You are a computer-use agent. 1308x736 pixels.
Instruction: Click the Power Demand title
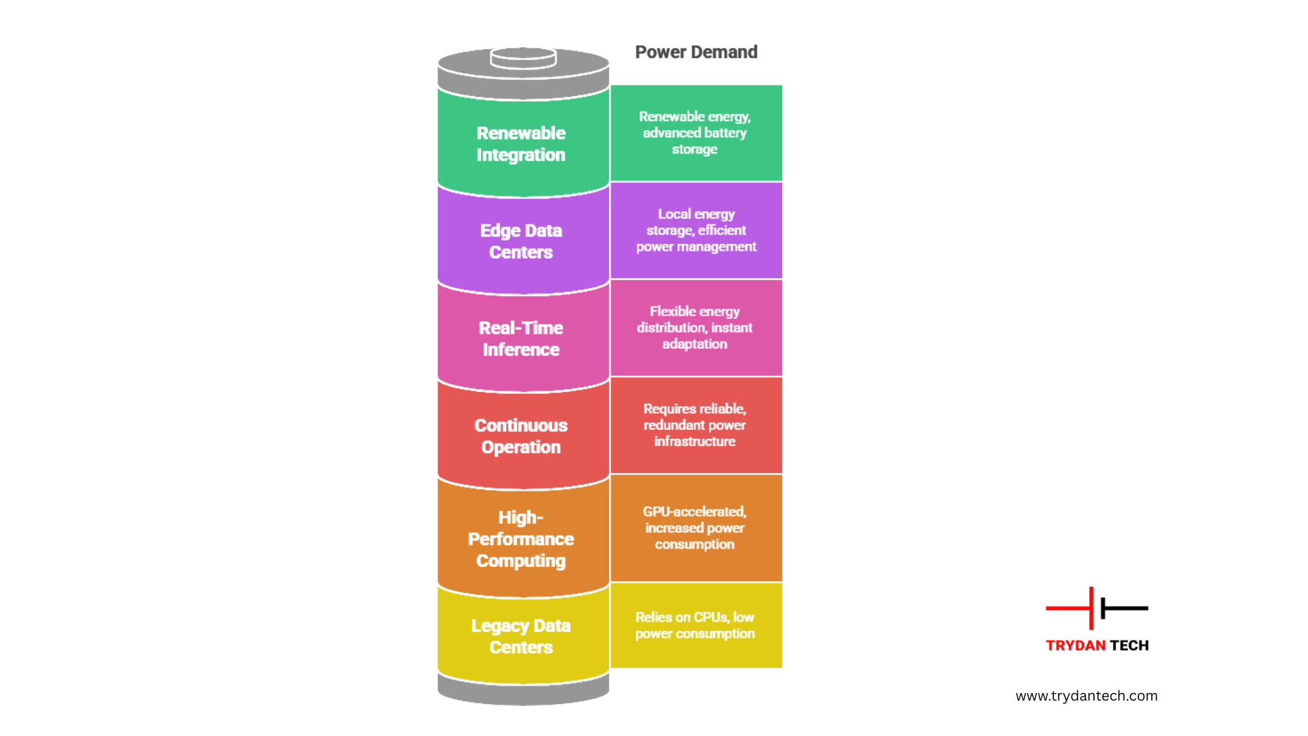click(696, 52)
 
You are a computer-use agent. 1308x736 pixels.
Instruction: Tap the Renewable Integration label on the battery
click(521, 144)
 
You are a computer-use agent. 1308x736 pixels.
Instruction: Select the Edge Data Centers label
click(521, 241)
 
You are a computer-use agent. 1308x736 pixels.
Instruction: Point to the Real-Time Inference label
click(521, 339)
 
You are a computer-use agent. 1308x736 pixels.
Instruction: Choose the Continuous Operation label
click(521, 436)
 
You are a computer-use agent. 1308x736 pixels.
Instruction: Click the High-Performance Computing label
click(521, 539)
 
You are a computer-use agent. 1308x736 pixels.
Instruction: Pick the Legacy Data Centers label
click(521, 637)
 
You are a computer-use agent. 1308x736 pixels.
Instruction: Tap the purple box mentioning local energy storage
click(696, 230)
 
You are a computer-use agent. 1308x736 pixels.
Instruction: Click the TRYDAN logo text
click(1076, 645)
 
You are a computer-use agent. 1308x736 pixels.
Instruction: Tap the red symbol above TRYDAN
click(1073, 608)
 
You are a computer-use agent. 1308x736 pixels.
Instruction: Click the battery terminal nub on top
click(523, 57)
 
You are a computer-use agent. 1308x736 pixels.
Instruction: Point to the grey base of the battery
click(523, 692)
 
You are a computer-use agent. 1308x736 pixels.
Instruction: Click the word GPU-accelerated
click(694, 512)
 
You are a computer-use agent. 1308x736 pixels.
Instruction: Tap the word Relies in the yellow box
click(653, 617)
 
